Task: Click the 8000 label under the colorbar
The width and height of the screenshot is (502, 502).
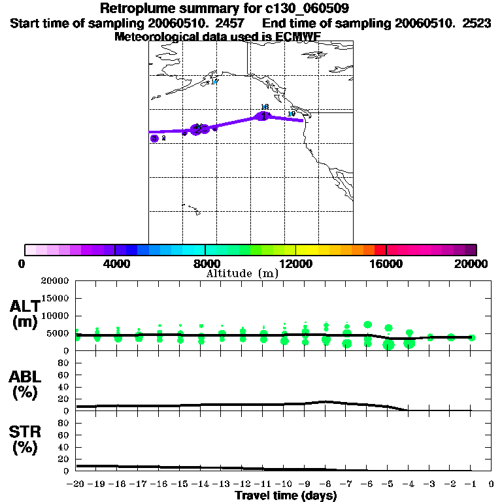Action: click(205, 263)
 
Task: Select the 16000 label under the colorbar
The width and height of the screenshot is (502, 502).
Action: click(386, 263)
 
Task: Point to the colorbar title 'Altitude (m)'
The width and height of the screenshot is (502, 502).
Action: click(242, 273)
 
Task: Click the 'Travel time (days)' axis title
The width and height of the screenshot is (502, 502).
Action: click(286, 496)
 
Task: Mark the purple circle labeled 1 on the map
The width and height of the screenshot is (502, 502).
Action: click(263, 116)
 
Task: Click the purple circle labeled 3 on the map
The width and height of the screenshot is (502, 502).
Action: click(154, 138)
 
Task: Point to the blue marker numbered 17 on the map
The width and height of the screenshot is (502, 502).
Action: click(214, 82)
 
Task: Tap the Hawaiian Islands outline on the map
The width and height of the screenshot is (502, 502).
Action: click(193, 210)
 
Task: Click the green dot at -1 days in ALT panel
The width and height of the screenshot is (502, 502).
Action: click(471, 337)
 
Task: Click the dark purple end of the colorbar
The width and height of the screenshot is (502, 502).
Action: click(471, 250)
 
